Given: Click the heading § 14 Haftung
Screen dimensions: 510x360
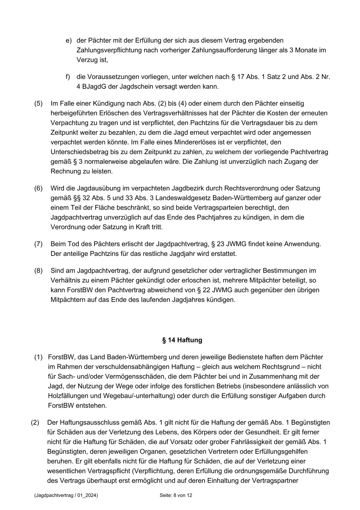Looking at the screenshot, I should [182, 340].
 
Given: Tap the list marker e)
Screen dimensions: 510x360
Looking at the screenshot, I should [69, 40].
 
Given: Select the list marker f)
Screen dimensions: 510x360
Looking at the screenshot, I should [68, 77].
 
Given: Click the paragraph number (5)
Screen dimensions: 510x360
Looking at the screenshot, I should [38, 104].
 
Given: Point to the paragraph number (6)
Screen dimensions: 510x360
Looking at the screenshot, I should [38, 188].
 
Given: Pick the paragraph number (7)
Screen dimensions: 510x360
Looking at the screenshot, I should [38, 244].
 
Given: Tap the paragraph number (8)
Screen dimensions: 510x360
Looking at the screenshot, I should [38, 271].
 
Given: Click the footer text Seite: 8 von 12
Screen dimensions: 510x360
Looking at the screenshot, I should [176, 495].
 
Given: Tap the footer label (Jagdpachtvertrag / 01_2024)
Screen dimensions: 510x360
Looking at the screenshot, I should [66, 495].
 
